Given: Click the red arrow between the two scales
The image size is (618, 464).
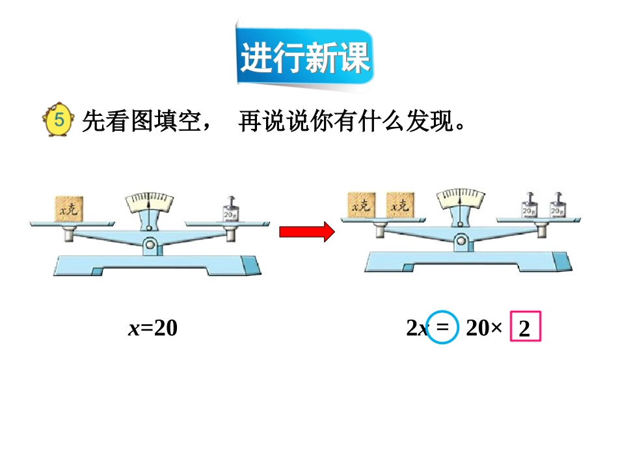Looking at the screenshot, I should click(306, 232).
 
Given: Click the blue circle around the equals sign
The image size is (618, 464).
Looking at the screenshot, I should click(443, 328).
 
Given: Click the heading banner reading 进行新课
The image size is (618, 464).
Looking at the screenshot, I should click(305, 59).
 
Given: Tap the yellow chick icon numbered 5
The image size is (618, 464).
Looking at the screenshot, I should click(57, 120).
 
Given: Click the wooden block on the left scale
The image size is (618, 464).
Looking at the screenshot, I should click(68, 208).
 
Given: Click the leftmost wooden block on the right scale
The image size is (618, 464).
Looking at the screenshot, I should click(362, 206).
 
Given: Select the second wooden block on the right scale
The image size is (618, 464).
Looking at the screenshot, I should click(400, 206).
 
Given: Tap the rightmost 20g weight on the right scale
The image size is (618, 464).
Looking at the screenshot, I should click(558, 208).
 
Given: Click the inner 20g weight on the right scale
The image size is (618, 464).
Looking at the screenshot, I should click(530, 208).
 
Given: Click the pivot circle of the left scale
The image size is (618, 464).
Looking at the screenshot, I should click(150, 245).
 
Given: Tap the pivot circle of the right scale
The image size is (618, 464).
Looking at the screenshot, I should click(461, 241).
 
